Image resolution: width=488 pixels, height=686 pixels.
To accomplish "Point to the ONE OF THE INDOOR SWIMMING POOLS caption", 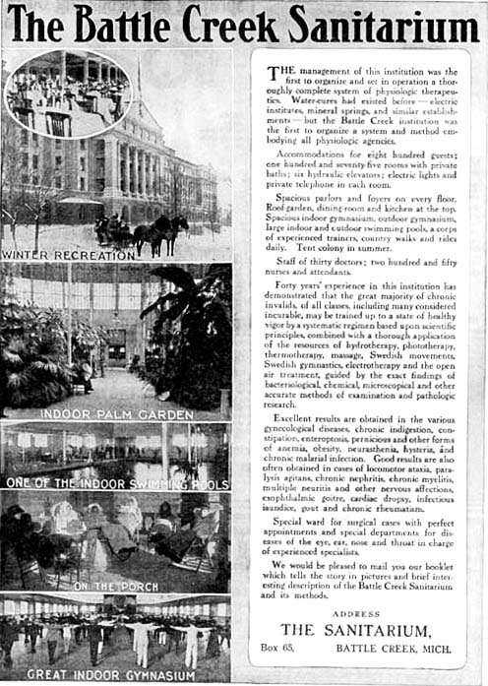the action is tap(117, 482).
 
